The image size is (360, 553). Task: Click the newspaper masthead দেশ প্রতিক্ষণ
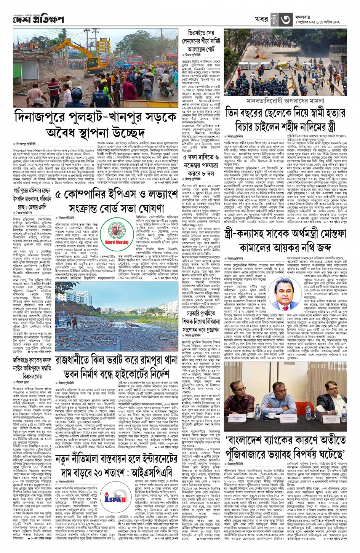[38, 19]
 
